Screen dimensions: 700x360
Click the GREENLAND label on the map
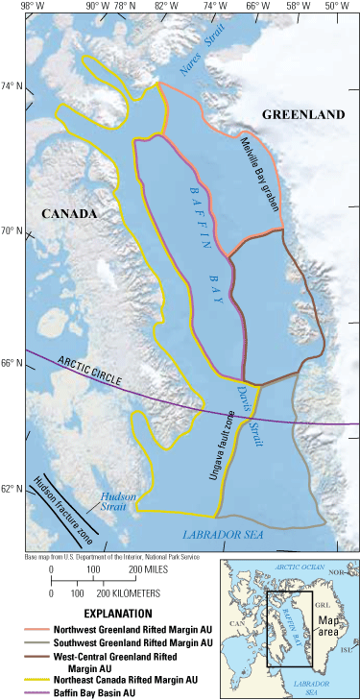[x=302, y=115]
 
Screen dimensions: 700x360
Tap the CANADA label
[x=69, y=213]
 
